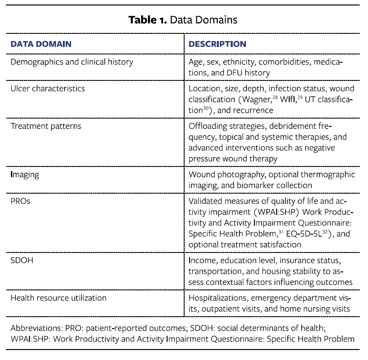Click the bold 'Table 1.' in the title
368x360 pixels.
coord(148,20)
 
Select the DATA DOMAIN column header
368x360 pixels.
coord(41,44)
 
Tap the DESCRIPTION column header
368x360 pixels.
coord(217,44)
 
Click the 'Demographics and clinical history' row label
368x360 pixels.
coord(72,62)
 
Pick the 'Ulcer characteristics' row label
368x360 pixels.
coord(48,89)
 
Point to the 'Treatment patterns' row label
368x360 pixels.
coord(46,126)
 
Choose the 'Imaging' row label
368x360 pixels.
coord(25,175)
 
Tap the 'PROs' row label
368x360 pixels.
coord(20,201)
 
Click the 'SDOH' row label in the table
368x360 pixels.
coord(22,260)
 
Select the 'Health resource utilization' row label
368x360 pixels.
coord(58,298)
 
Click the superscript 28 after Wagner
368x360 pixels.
coord(275,97)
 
